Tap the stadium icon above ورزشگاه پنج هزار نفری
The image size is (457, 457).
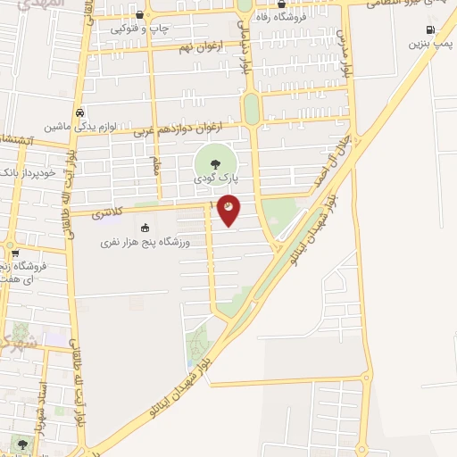pyautogui.click(x=145, y=227)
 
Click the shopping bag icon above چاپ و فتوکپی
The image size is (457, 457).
pyautogui.click(x=140, y=15)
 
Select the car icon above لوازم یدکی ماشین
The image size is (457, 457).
pyautogui.click(x=80, y=113)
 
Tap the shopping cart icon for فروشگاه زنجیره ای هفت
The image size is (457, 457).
pyautogui.click(x=15, y=253)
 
